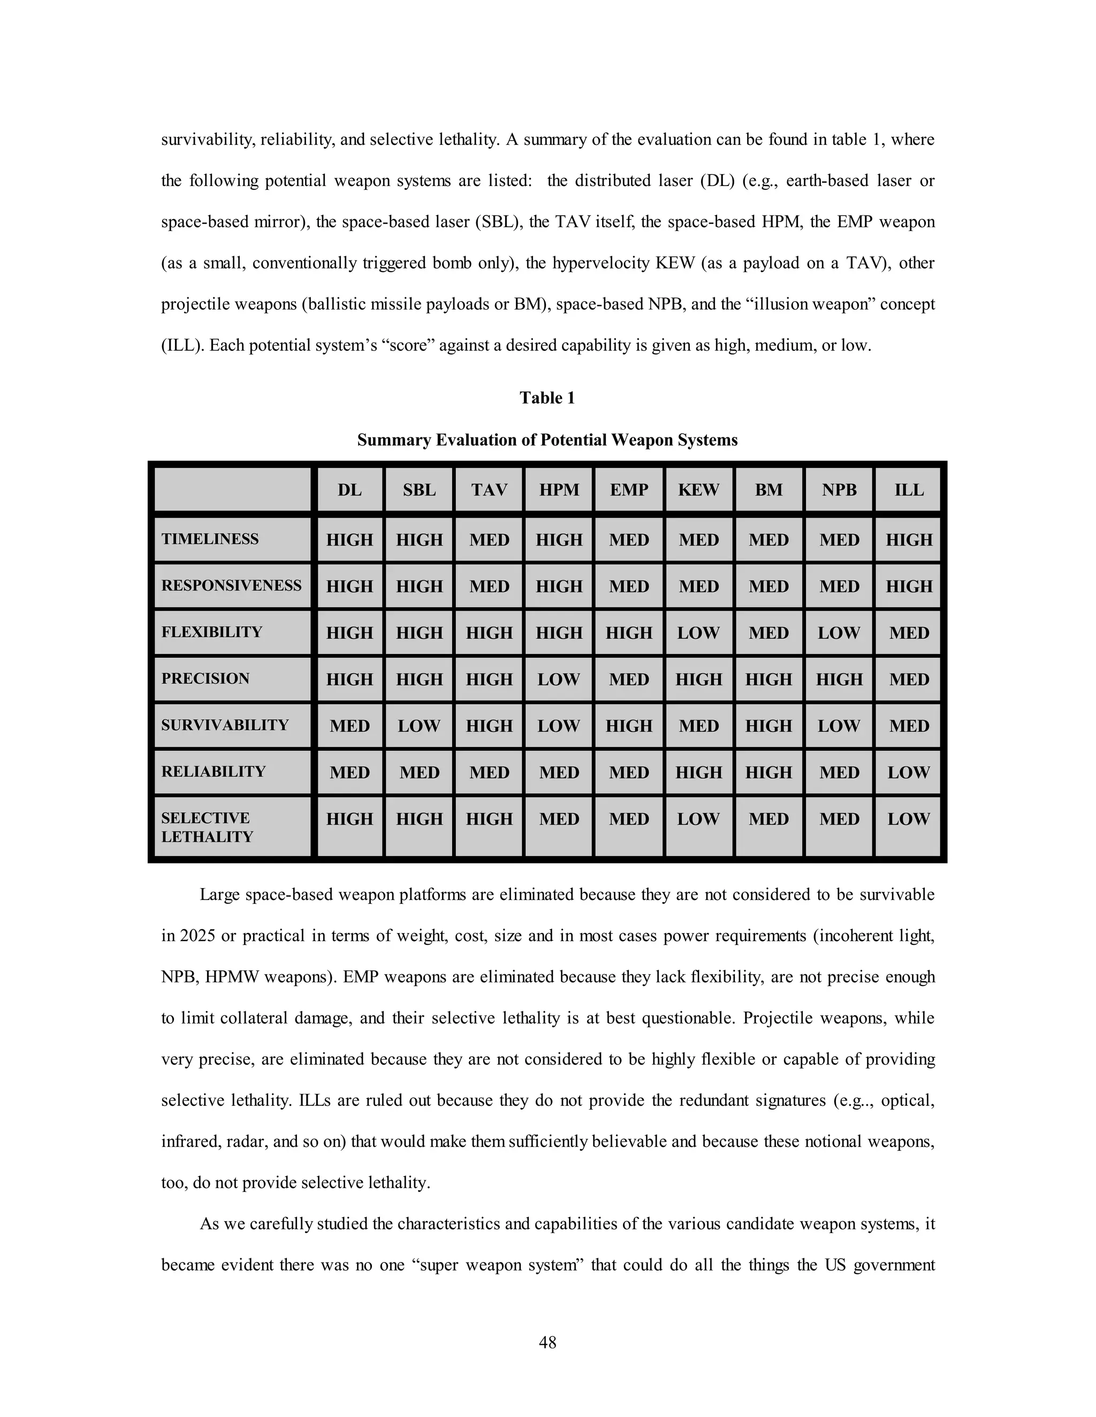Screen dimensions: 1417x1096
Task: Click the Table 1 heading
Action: (x=547, y=398)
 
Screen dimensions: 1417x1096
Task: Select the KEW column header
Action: (x=698, y=490)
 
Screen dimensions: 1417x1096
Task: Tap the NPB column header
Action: (x=839, y=490)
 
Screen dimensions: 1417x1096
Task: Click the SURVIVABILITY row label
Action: (x=225, y=725)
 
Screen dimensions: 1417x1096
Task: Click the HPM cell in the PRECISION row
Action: (x=558, y=679)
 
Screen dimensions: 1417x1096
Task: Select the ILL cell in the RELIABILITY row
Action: (x=908, y=772)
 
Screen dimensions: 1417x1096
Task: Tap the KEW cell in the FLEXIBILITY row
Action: (x=698, y=633)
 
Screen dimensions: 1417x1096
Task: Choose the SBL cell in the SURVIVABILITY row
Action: (x=419, y=726)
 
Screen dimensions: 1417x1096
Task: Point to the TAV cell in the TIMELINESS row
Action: (x=489, y=540)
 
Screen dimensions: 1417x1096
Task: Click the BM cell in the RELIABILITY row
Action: (x=769, y=772)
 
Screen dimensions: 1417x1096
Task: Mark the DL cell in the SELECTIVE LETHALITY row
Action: (x=349, y=819)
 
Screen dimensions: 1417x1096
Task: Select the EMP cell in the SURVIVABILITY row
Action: (x=628, y=726)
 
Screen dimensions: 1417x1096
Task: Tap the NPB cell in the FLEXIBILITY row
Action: (x=839, y=633)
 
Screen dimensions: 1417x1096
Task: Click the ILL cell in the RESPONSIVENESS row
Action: (x=908, y=586)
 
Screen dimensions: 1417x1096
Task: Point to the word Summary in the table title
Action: (x=393, y=440)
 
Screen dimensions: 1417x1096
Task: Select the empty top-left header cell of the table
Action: (x=232, y=490)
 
